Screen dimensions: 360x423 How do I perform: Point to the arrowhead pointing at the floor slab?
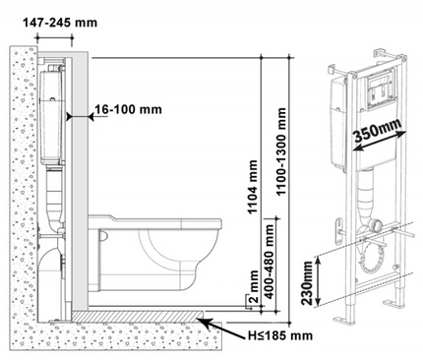coord(203,318)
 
